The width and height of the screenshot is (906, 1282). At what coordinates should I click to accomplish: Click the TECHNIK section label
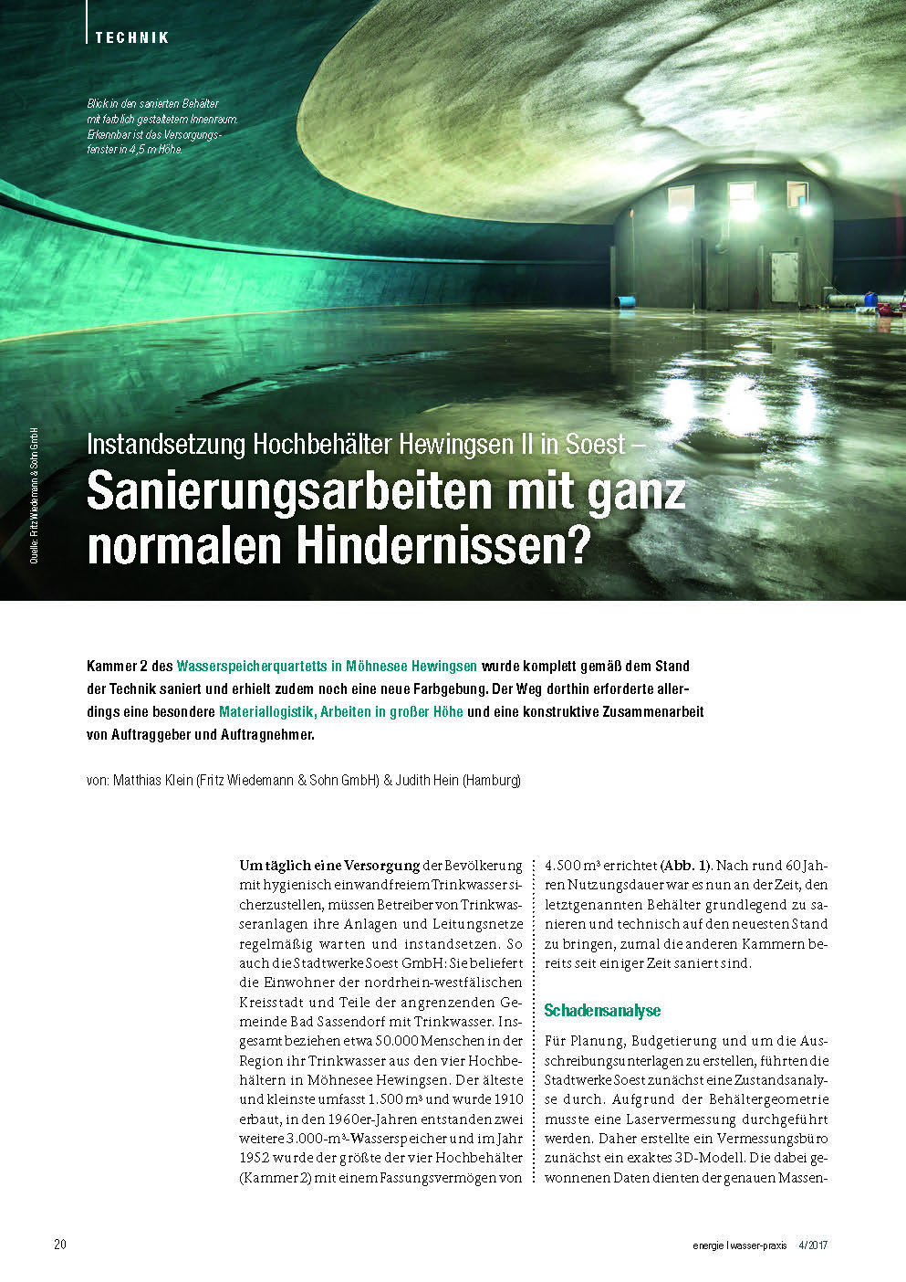coord(132,37)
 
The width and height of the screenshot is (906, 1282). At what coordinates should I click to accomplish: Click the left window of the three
coord(680,197)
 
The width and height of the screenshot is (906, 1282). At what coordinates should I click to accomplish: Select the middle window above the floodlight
coord(741,195)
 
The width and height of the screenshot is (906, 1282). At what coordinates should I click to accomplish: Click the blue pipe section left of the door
coord(627,299)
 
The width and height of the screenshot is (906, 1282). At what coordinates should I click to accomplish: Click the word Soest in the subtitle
coord(595,445)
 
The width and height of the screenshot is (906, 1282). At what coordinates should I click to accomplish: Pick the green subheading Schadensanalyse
coord(601,1010)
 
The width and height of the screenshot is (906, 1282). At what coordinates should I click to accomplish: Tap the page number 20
coord(60,1244)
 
